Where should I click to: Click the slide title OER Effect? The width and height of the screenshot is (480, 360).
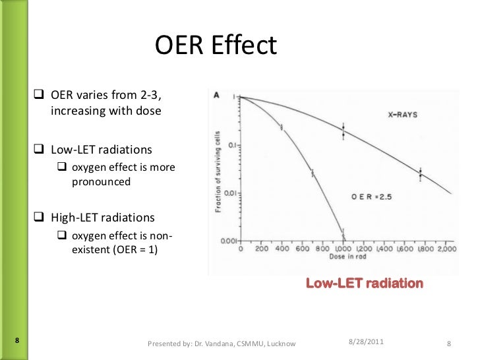(x=216, y=45)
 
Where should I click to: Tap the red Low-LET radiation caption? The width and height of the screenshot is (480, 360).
(x=364, y=284)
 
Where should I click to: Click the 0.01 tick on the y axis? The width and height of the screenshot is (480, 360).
(x=230, y=193)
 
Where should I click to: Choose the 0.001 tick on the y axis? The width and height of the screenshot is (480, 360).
(x=228, y=241)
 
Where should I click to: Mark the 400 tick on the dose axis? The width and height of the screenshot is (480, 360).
(x=281, y=251)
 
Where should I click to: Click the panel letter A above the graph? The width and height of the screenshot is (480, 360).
(x=217, y=95)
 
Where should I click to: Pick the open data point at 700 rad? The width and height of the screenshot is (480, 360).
(x=313, y=173)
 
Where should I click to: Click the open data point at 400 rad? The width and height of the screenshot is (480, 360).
(x=282, y=127)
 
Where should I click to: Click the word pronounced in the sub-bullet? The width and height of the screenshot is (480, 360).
(x=101, y=181)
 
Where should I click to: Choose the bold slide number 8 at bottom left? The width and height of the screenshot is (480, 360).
(x=16, y=340)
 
